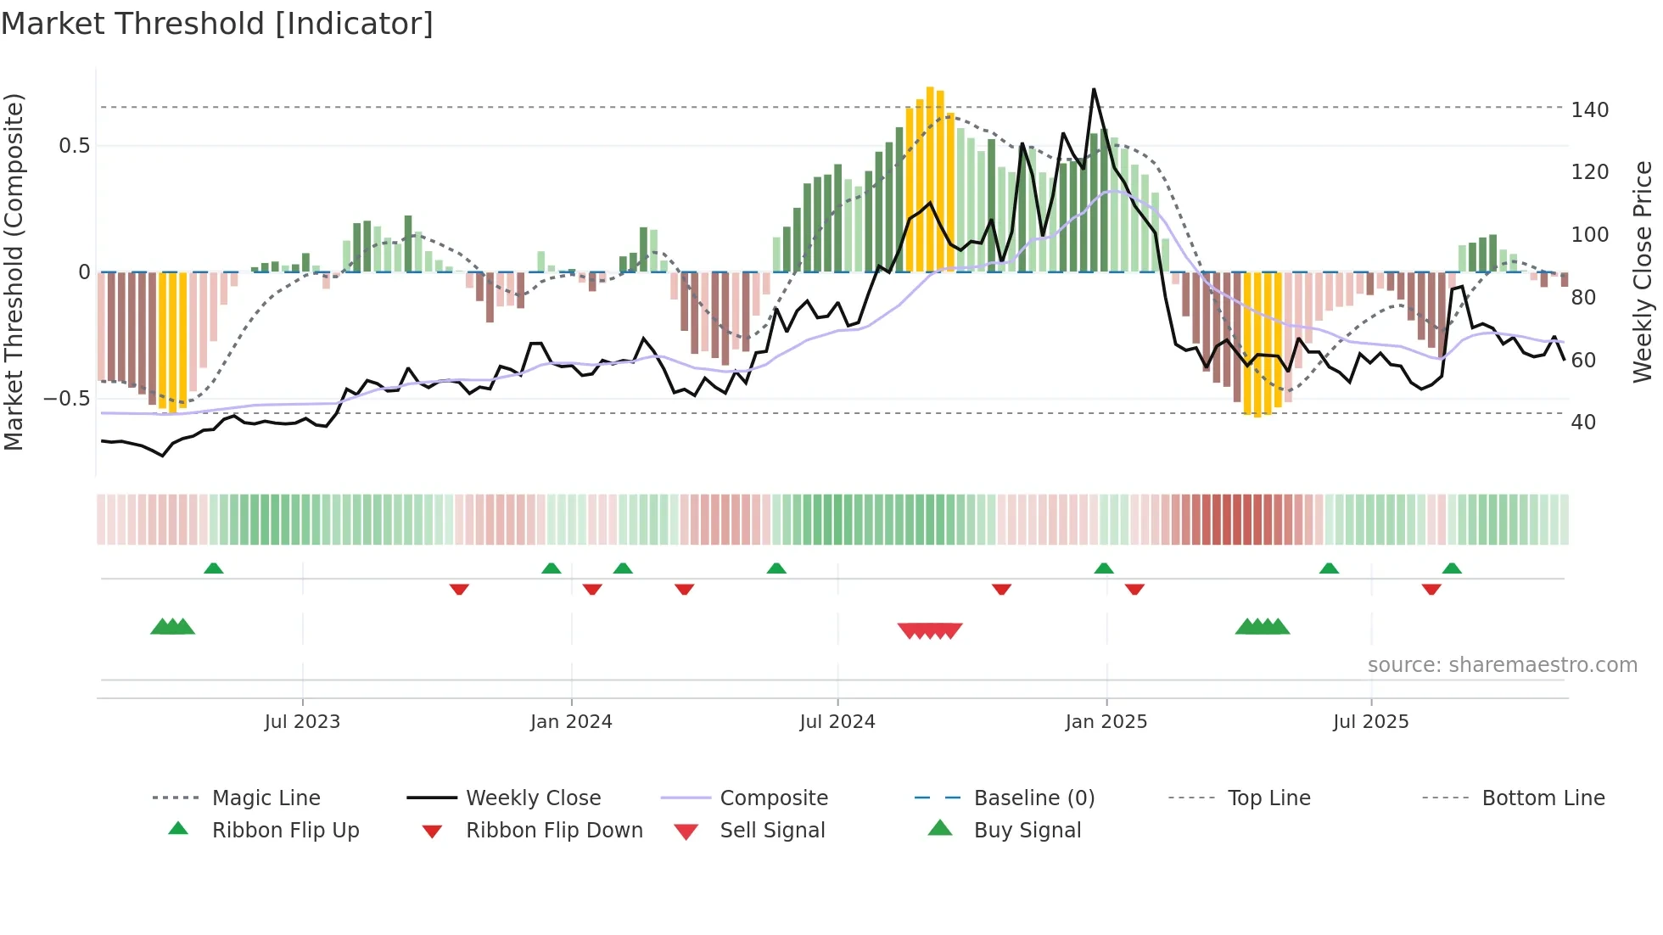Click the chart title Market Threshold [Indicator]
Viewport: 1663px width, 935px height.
tap(217, 24)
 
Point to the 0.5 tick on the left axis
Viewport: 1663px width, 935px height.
tap(74, 146)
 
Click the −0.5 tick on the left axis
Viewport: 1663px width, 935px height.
tap(67, 399)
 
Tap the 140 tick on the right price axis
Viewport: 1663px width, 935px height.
tap(1589, 110)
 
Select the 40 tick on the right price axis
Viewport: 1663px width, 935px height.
tap(1583, 423)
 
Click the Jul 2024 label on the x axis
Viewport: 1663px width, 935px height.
tap(837, 722)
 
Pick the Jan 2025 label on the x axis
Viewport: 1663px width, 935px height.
tap(1106, 722)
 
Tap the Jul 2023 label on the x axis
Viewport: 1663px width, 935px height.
tap(302, 722)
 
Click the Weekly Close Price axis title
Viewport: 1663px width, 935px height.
tap(1643, 272)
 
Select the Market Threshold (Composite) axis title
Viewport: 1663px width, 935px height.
tap(14, 272)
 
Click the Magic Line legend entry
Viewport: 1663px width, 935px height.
tap(266, 798)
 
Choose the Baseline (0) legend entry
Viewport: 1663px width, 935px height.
tap(1033, 798)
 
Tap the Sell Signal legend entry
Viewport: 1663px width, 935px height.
tap(771, 831)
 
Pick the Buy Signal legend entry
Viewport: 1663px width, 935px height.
tap(1027, 831)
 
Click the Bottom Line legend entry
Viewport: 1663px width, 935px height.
tap(1543, 798)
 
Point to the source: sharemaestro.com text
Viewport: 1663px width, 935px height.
tap(1502, 665)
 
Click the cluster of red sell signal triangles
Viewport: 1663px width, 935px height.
tap(930, 630)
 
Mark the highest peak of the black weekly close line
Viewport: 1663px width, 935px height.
tap(1094, 89)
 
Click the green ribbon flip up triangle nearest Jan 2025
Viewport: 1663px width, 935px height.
tap(1104, 568)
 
